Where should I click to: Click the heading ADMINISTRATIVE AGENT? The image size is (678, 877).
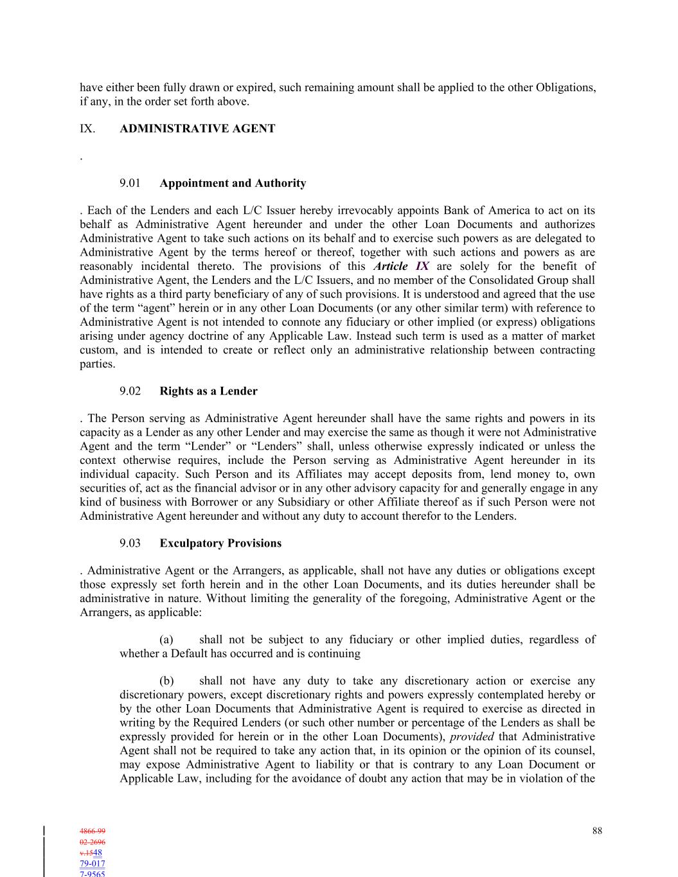[197, 128]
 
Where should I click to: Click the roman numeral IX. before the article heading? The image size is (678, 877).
[87, 128]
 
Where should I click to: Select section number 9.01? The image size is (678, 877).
[130, 183]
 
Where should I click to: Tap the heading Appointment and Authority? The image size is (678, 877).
[233, 183]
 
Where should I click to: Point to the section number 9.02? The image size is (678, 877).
[130, 391]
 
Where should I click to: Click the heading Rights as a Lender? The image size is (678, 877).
[208, 391]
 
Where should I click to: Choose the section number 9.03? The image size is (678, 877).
[130, 543]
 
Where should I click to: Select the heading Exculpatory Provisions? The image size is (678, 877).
[220, 543]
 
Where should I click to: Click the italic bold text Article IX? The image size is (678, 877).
[401, 266]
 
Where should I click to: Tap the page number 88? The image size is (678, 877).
[597, 831]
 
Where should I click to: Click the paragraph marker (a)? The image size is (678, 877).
[166, 639]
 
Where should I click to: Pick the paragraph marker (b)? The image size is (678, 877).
[166, 680]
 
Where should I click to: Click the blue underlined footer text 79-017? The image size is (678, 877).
[93, 864]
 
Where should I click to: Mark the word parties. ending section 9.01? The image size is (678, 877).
[98, 364]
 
